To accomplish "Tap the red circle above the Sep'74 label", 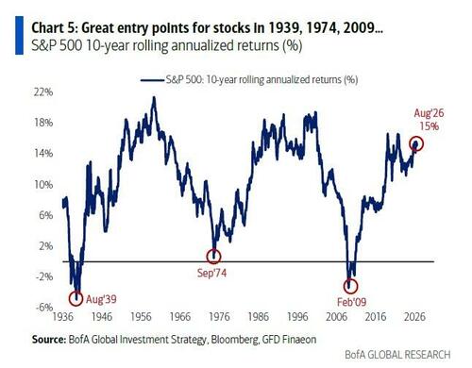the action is coord(214,250).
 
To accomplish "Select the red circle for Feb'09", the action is coord(350,279).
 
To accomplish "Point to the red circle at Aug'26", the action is coord(416,137).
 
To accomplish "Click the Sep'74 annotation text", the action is coord(211,273).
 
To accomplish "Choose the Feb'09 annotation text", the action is coord(351,302).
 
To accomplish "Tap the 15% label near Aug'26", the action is coord(430,126).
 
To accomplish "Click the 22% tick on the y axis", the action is coord(43,92).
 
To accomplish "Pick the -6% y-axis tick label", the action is coord(44,307).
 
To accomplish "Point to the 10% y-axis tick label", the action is coord(43,184).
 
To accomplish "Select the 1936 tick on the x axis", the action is coord(62,317).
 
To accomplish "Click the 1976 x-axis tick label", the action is coord(219,317).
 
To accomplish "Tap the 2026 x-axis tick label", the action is coord(414,317).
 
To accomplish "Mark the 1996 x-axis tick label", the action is coord(297,317).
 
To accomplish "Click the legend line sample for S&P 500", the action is coord(152,80).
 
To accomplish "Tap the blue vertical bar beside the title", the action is coord(19,35).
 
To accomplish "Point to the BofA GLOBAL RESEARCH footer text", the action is coord(397,355).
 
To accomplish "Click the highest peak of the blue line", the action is coord(154,97).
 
